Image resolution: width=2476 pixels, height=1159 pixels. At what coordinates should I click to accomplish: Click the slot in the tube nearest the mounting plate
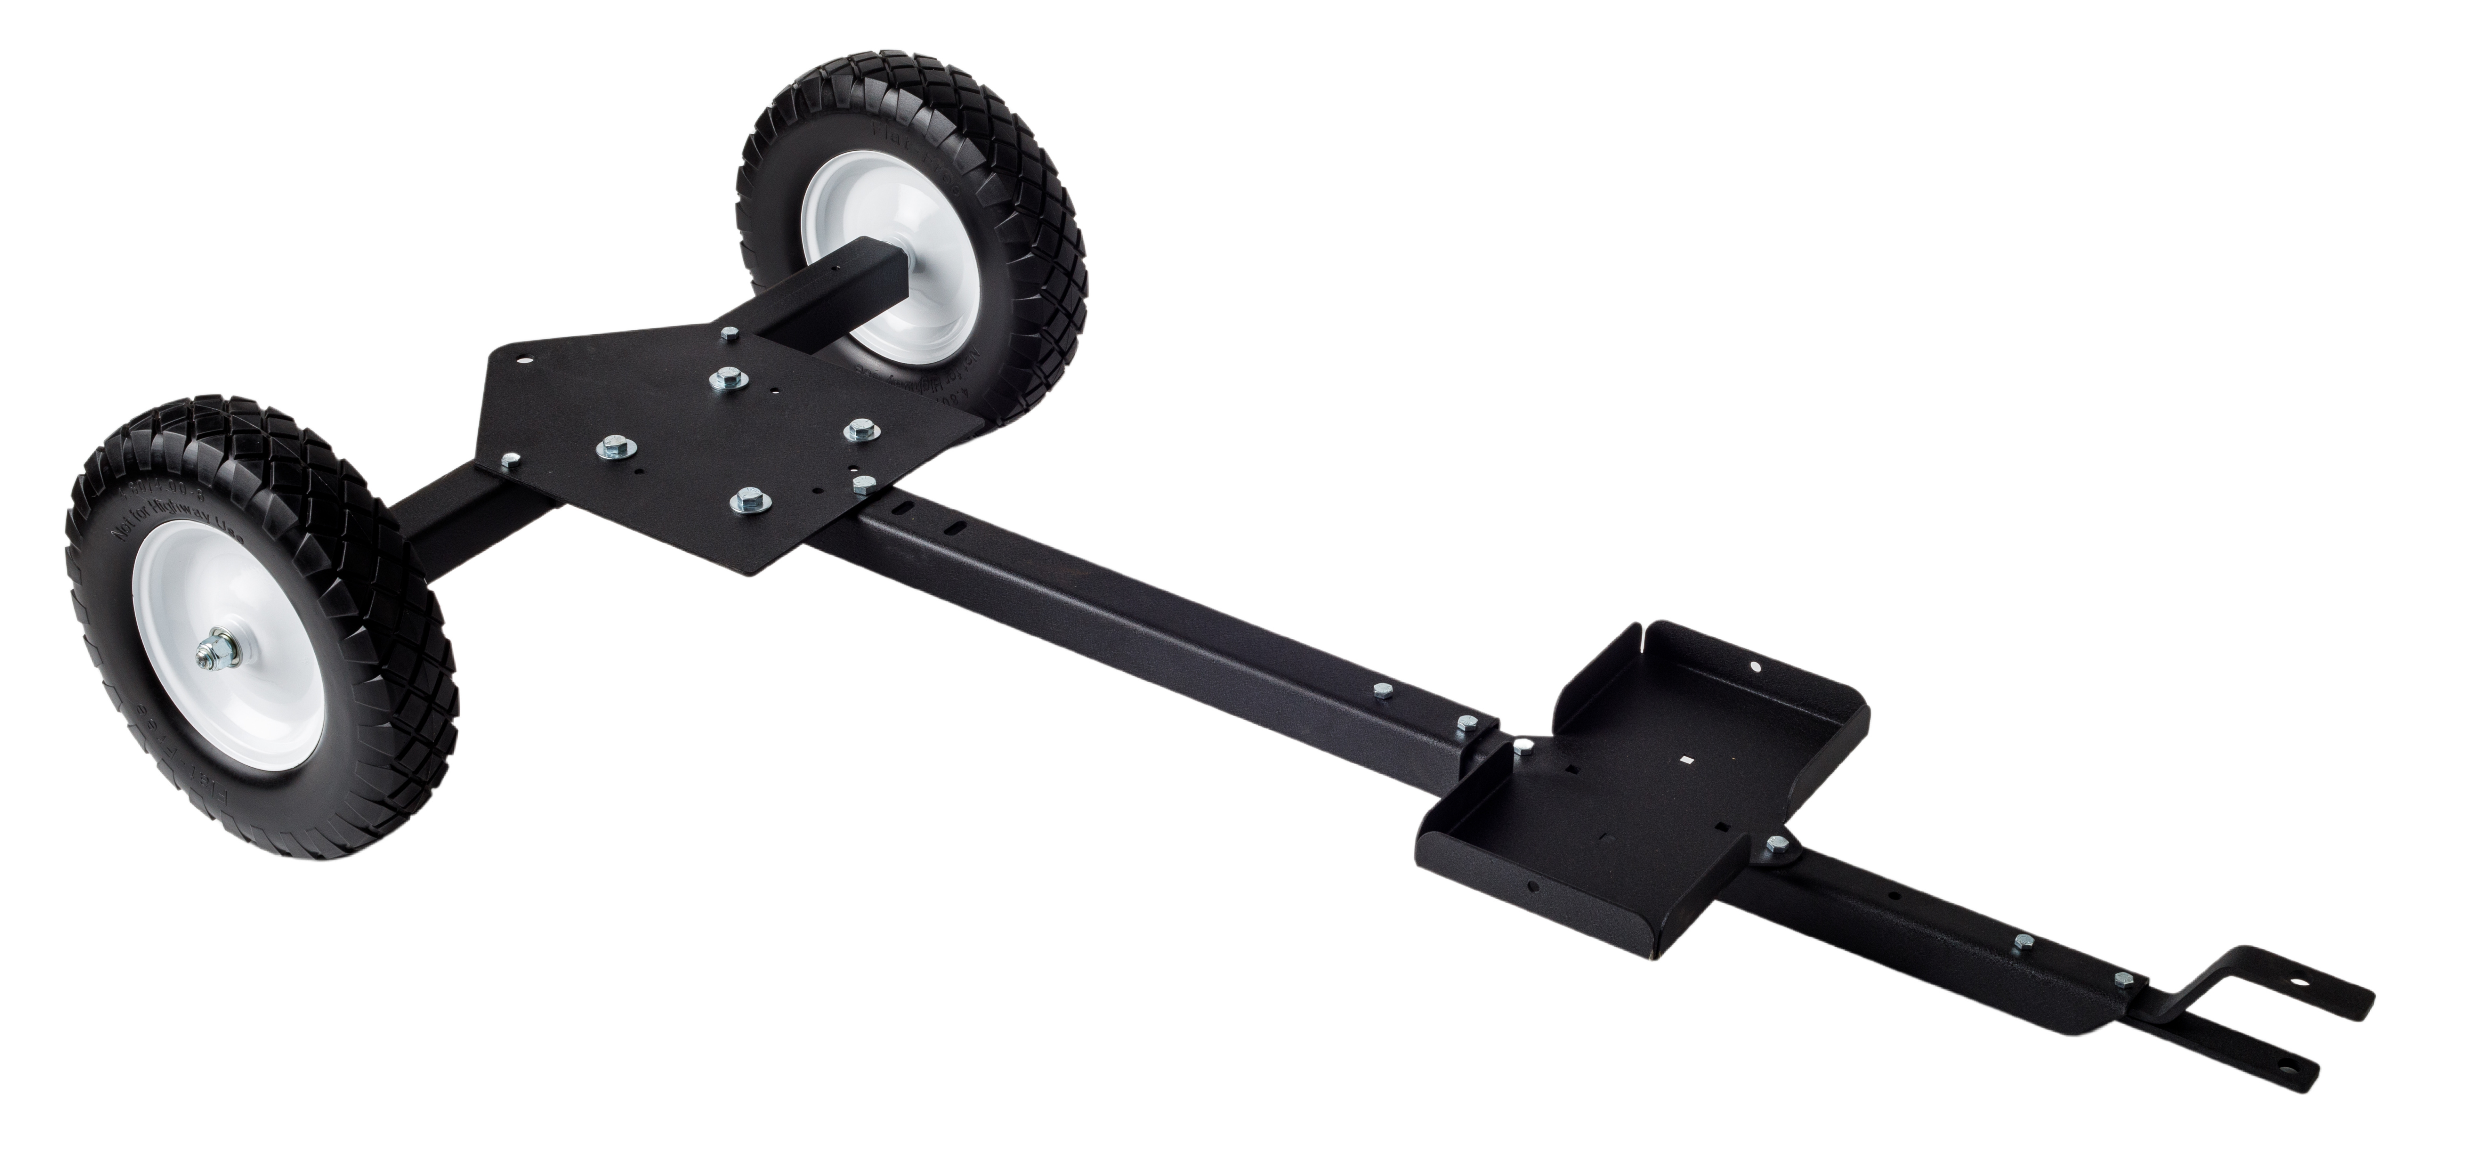905,506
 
